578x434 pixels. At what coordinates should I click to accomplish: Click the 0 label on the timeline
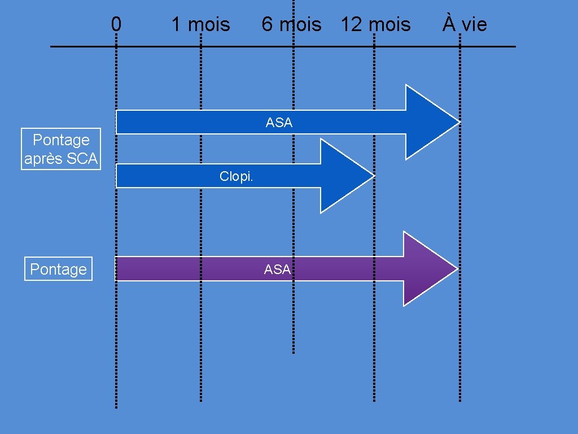coord(116,24)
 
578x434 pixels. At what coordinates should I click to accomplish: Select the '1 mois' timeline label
coord(200,24)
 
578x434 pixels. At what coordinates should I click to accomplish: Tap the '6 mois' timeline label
coord(291,24)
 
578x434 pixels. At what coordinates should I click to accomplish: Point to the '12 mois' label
coord(375,24)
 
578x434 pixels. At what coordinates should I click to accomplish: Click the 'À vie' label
coord(464,24)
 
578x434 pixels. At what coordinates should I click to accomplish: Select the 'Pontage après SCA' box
coord(60,149)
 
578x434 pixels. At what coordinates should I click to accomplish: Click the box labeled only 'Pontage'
coord(58,269)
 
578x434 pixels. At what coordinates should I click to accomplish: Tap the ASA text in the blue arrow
coord(279,123)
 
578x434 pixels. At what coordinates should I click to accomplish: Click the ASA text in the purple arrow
coord(277,270)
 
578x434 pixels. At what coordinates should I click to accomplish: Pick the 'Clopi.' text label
coord(237,176)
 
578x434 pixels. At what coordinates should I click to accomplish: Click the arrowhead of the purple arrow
coord(426,268)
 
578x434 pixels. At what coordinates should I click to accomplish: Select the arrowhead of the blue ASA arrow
coord(429,121)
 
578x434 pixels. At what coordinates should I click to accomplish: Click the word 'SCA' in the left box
coord(82,159)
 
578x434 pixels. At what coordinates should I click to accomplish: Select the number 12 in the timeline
coord(351,24)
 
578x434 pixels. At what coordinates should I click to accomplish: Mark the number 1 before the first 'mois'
coord(176,24)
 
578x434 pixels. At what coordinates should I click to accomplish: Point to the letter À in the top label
coord(448,24)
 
